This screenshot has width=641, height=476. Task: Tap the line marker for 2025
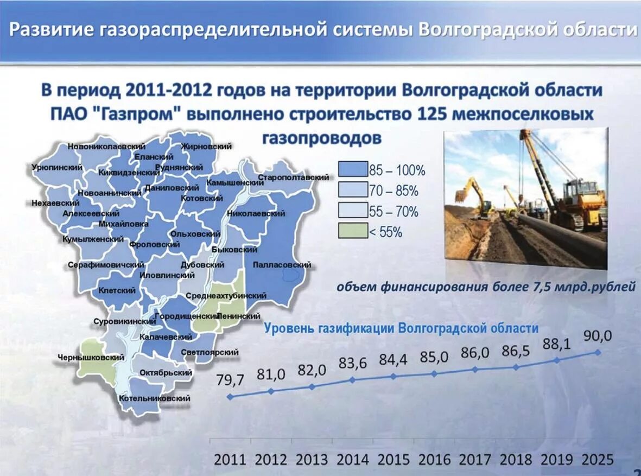pos(598,352)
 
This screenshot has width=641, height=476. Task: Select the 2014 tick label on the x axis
pos(353,460)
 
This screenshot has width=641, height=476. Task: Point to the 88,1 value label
pos(556,344)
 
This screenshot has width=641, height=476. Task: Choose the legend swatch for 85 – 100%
pos(352,170)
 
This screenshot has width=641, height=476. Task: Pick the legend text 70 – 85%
pos(394,191)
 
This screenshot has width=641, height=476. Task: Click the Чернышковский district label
pos(91,358)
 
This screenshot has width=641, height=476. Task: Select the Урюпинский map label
pos(57,168)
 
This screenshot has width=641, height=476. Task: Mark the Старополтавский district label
pos(294,177)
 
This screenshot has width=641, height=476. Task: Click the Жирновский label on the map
pos(206,147)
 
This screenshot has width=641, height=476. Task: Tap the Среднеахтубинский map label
pos(226,296)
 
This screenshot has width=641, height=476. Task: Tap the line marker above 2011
pos(230,397)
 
